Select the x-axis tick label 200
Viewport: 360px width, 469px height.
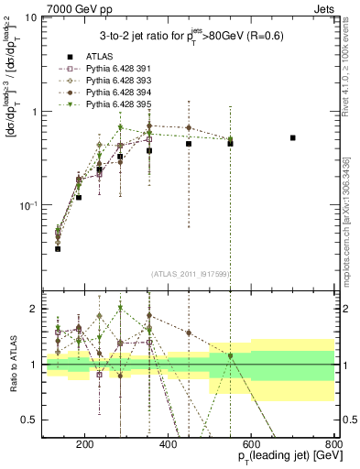[85, 447]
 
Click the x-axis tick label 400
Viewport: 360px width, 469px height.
[169, 447]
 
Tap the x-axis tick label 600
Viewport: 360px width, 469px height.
[252, 447]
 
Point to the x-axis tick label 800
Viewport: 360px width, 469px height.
[333, 447]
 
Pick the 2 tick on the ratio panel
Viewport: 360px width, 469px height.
[33, 309]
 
